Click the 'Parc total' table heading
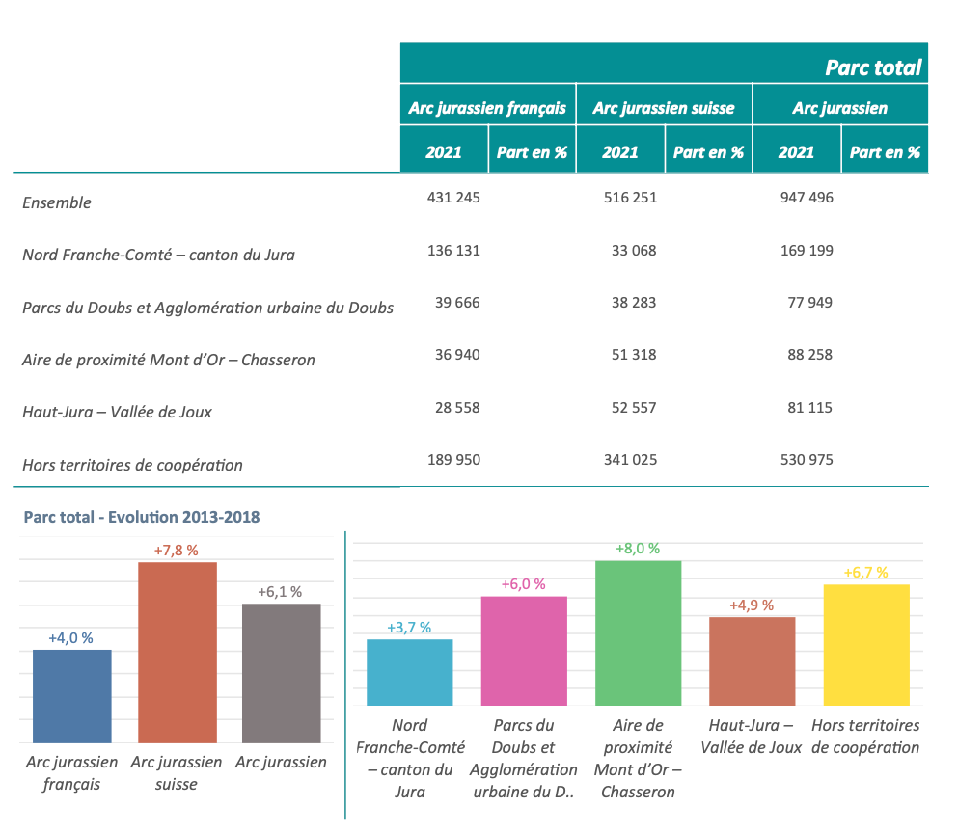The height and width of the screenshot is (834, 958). [873, 67]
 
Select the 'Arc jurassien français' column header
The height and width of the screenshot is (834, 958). [487, 108]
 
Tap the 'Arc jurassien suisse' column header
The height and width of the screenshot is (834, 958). [664, 108]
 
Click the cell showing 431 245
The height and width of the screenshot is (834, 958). [453, 198]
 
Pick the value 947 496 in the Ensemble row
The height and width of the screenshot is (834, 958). [807, 198]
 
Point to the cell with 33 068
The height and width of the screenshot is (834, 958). [634, 251]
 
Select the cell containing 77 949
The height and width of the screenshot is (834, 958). [810, 303]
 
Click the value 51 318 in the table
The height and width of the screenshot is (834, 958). [634, 355]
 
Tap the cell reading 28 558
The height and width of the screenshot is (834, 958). [457, 408]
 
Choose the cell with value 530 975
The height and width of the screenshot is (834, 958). [807, 460]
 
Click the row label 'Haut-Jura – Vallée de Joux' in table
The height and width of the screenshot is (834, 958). [117, 412]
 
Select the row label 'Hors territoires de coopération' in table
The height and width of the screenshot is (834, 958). [132, 465]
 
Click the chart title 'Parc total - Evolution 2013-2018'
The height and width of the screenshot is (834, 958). [141, 517]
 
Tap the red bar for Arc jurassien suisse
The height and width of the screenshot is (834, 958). [178, 652]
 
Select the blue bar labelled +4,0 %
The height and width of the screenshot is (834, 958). [72, 695]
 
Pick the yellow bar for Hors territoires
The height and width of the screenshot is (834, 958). [867, 645]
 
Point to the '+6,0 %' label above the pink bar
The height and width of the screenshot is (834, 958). [524, 584]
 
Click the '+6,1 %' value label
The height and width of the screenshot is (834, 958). [280, 592]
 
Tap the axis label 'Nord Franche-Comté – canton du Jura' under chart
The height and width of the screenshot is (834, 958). [410, 758]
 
